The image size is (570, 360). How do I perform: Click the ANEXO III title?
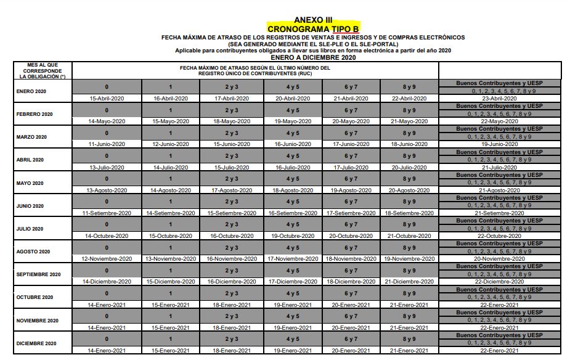[x=313, y=20]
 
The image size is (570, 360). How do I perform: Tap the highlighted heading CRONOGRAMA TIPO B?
[x=313, y=28]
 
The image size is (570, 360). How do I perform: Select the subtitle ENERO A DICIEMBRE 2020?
[x=313, y=57]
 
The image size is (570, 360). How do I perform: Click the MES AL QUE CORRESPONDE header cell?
[x=43, y=71]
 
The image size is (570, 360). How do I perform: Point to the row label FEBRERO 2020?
[x=35, y=114]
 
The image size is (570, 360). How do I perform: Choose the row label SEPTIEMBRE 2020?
[x=39, y=274]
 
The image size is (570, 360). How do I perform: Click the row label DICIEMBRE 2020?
[x=36, y=343]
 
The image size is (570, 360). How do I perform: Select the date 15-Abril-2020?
[x=107, y=99]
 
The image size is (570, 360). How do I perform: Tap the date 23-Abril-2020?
[x=499, y=99]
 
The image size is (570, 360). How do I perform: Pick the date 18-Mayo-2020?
[x=231, y=121]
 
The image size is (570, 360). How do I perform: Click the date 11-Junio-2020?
[x=107, y=144]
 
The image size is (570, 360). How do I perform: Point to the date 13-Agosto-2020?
[x=107, y=190]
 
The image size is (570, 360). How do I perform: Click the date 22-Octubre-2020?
[x=499, y=236]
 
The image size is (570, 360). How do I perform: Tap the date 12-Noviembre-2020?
[x=107, y=259]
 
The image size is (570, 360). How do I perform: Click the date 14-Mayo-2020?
[x=107, y=121]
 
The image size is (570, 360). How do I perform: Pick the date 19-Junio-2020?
[x=499, y=144]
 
